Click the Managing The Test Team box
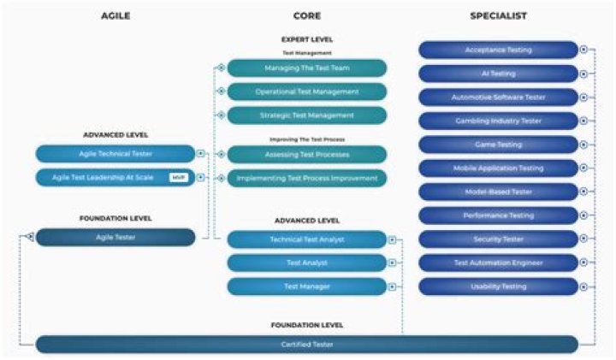[306, 68]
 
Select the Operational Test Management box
[306, 91]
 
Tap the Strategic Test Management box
[306, 115]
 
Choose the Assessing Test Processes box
[306, 155]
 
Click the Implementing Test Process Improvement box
[306, 178]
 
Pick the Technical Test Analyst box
[306, 239]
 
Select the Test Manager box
[306, 286]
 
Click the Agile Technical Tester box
[115, 154]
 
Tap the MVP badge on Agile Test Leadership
[178, 178]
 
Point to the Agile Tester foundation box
[115, 237]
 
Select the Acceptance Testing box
[498, 50]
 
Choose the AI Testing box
[498, 74]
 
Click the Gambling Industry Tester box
[498, 121]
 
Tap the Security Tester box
[498, 239]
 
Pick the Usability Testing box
[498, 286]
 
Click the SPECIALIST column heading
[498, 15]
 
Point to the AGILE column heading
[115, 15]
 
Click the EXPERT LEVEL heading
[306, 39]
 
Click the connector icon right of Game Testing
[583, 145]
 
